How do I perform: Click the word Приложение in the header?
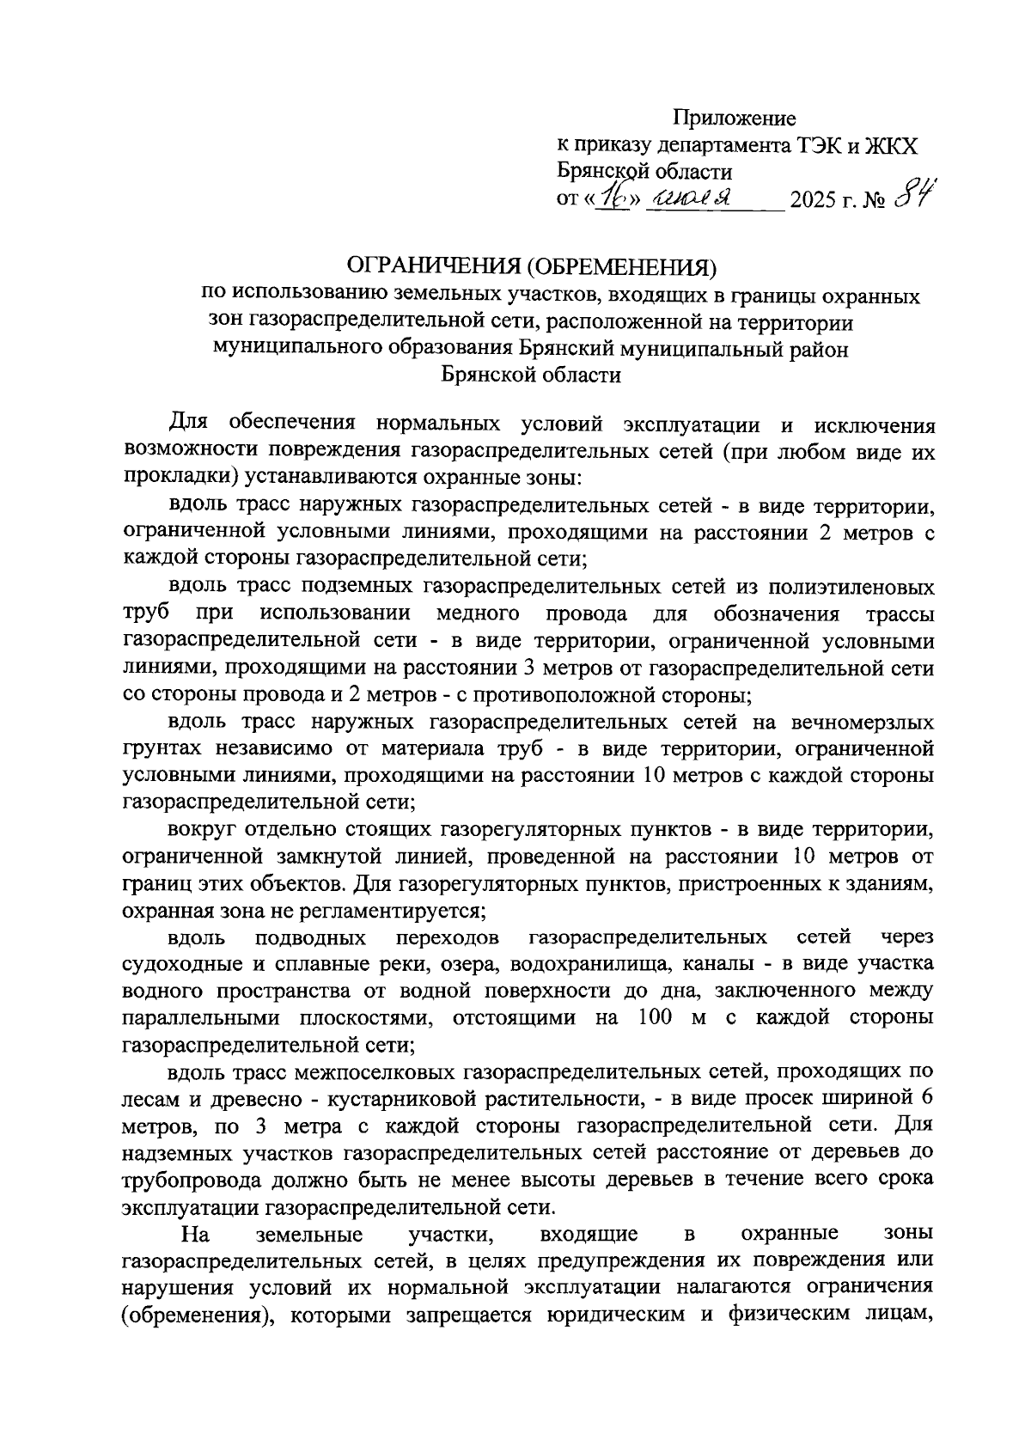[734, 118]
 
